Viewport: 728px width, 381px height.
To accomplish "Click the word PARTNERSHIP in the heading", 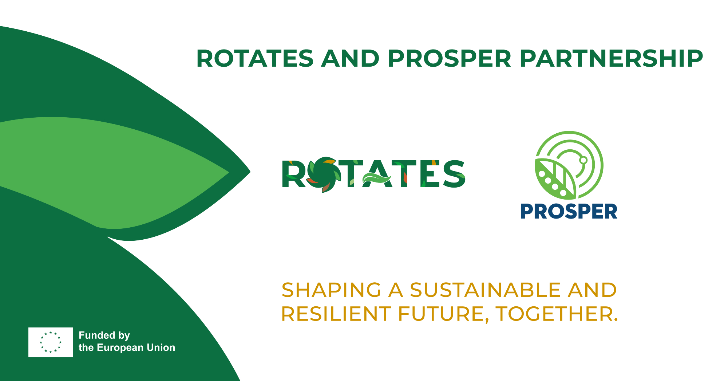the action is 611,59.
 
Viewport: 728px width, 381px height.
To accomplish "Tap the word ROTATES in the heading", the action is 255,59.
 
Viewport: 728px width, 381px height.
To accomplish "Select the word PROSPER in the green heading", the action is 450,59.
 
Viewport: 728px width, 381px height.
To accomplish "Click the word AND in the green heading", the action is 351,59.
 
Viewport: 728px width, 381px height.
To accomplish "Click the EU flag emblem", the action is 51,342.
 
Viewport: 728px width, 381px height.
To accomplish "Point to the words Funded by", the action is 104,335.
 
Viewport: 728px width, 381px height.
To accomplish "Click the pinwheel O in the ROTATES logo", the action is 324,174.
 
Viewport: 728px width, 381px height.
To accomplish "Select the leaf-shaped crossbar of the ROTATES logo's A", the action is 376,178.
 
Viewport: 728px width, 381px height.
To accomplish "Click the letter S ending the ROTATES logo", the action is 454,174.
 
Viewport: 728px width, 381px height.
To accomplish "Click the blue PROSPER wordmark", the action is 569,212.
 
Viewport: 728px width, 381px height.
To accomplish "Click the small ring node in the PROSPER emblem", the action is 583,160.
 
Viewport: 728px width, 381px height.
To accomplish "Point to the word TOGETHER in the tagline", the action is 557,314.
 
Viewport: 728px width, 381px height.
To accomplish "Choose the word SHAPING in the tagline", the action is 332,290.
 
